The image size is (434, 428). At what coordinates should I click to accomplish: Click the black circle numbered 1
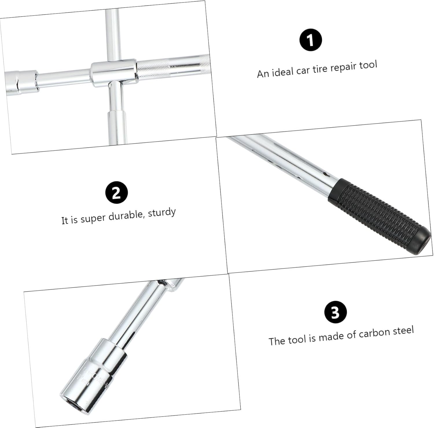pyautogui.click(x=310, y=40)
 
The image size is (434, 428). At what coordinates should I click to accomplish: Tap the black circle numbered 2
pyautogui.click(x=116, y=192)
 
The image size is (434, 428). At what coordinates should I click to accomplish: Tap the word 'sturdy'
pyautogui.click(x=162, y=213)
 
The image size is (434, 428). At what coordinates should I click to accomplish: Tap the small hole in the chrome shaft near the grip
pyautogui.click(x=325, y=174)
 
